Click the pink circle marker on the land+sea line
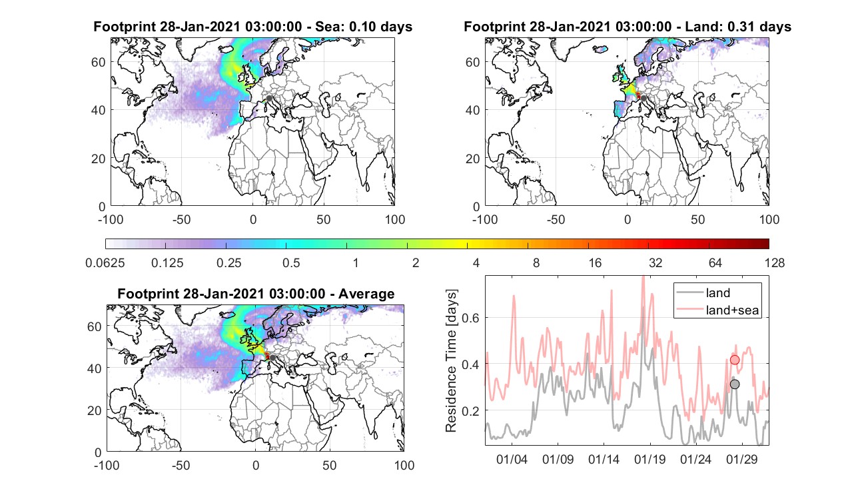point(735,360)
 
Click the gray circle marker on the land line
point(735,384)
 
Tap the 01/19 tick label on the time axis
point(649,459)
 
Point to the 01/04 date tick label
point(512,459)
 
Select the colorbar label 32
point(655,262)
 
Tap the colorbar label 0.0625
point(105,262)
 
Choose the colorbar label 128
point(775,262)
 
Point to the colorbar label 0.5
point(291,262)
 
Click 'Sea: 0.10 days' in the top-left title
point(364,27)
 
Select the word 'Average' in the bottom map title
point(366,294)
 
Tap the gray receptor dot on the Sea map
point(269,98)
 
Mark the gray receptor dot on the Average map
point(272,358)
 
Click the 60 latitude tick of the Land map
point(473,62)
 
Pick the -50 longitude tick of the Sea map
point(181,219)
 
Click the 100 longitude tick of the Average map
point(404,465)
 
